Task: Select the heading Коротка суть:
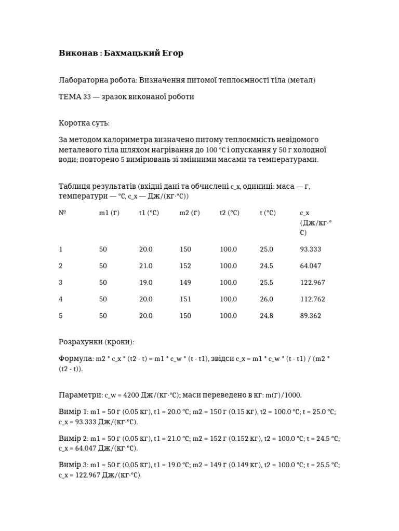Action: (x=84, y=123)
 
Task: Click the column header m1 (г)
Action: (x=109, y=213)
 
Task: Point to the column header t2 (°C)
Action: (x=230, y=213)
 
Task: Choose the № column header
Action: (x=62, y=213)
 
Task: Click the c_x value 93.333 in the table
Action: (x=311, y=249)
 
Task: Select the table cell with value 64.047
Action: (x=311, y=266)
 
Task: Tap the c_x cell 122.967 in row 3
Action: (x=312, y=283)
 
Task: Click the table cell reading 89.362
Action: (x=311, y=316)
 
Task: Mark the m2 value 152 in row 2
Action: (x=185, y=266)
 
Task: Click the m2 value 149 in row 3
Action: (x=185, y=283)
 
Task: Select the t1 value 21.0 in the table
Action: (x=145, y=266)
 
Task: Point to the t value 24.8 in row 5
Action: (x=267, y=316)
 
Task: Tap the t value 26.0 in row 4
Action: (x=267, y=299)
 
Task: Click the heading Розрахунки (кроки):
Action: (x=97, y=342)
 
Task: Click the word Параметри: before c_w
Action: (x=81, y=395)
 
